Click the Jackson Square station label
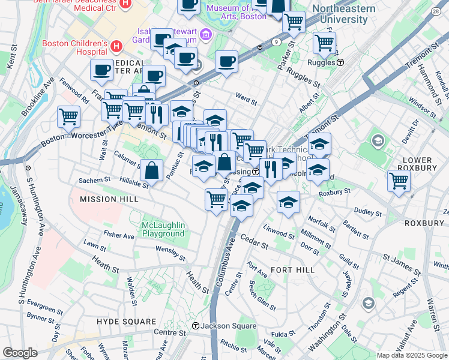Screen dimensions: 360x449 click(224, 326)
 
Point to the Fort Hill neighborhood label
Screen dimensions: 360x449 click(292, 270)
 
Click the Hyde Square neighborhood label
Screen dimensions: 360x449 click(126, 322)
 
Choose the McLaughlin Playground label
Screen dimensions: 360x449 click(163, 229)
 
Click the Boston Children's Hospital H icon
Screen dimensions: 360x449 click(116, 45)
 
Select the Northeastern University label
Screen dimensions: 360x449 click(343, 14)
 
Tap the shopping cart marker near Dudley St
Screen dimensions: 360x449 click(399, 181)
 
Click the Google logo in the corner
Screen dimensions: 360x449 click(20, 353)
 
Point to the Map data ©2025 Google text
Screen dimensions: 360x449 click(412, 355)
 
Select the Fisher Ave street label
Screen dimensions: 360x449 click(118, 236)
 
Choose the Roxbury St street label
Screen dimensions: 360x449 click(334, 193)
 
